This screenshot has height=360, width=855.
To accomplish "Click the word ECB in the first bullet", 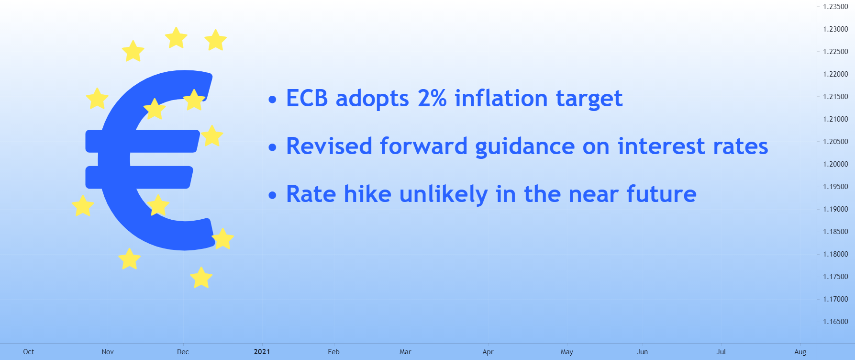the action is [307, 99].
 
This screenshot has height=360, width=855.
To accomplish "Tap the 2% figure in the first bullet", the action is [432, 99].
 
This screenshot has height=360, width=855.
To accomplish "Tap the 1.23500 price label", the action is [835, 7].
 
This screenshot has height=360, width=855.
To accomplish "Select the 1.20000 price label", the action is [835, 164].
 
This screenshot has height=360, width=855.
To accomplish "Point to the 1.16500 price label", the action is [835, 322].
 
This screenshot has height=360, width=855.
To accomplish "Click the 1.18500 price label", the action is [835, 232].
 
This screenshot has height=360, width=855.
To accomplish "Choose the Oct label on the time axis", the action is [29, 352].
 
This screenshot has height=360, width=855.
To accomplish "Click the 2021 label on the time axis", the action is [262, 352].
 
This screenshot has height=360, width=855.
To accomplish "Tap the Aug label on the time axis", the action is [800, 352].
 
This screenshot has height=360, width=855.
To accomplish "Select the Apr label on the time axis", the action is [488, 352].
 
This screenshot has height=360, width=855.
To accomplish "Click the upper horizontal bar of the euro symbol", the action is [142, 141].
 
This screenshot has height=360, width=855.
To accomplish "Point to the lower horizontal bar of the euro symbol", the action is [139, 177].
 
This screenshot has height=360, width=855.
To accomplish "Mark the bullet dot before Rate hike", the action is [273, 195].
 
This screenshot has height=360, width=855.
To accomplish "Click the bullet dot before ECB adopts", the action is [273, 100].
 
